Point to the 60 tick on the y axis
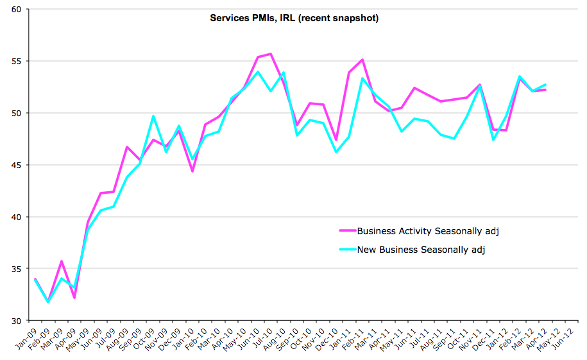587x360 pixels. (17, 10)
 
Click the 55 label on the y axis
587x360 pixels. (17, 61)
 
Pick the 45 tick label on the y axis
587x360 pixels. (17, 165)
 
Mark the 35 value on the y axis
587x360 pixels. (17, 269)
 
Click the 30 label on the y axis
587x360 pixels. (17, 321)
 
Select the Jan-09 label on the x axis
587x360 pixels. (26, 339)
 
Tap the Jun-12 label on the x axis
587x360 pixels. (563, 339)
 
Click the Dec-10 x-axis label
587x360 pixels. (327, 339)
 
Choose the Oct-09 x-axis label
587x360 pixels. (144, 339)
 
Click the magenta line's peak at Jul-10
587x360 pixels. (271, 53)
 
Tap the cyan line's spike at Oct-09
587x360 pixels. (153, 116)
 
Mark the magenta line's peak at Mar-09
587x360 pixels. (62, 261)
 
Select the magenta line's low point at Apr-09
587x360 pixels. (74, 298)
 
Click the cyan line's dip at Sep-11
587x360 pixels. (454, 139)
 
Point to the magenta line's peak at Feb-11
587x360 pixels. (362, 60)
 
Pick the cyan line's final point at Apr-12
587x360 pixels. (545, 85)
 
